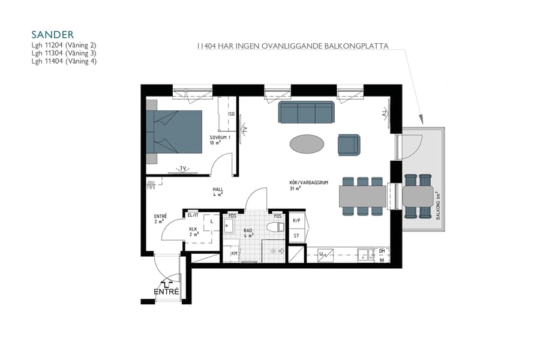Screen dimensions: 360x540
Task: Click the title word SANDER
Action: (52, 35)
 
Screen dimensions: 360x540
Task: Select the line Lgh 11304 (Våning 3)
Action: (64, 53)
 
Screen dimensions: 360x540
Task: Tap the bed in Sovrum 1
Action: (174, 133)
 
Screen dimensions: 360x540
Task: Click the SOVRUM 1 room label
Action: (220, 137)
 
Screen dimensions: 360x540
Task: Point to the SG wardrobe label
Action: (230, 113)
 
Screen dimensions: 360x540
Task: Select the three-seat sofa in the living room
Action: (306, 112)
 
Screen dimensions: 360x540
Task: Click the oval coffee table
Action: (307, 144)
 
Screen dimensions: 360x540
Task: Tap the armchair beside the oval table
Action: (349, 145)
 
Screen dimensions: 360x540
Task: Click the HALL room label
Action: (218, 190)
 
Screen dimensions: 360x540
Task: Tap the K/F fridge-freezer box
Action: (296, 221)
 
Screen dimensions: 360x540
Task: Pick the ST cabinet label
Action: (296, 236)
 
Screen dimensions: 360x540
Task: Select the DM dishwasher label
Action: (382, 251)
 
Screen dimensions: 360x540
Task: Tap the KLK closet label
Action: (193, 229)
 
